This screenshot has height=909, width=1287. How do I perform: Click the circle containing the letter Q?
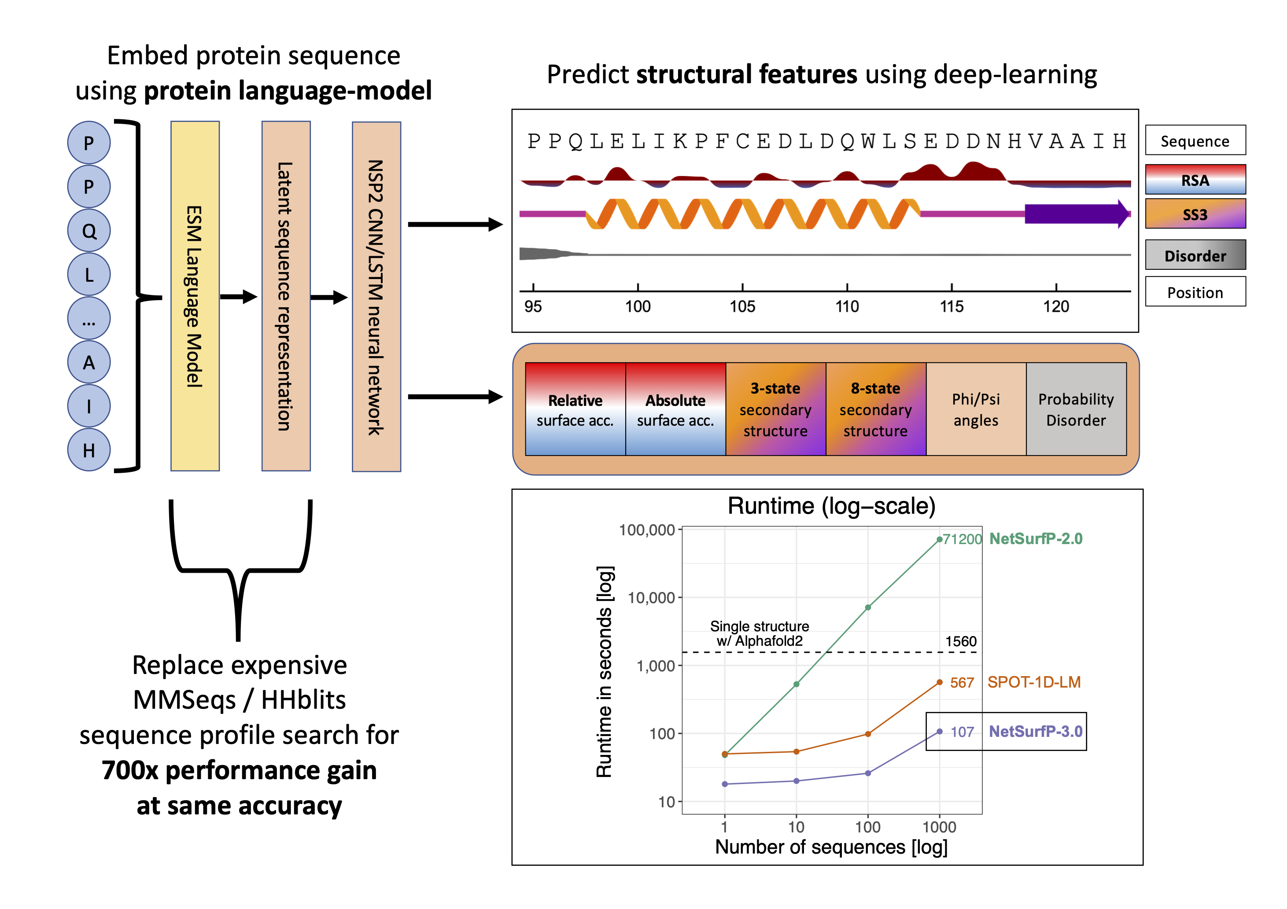[x=89, y=230]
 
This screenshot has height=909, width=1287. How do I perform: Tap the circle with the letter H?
[x=89, y=450]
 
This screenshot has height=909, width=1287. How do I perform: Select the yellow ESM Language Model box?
[x=195, y=296]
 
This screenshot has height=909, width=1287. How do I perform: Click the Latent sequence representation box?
[x=286, y=296]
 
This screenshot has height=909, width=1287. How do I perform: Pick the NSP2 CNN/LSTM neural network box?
[x=376, y=296]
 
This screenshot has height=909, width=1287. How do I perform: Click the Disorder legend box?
[x=1195, y=255]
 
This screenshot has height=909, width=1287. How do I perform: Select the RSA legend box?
[x=1195, y=179]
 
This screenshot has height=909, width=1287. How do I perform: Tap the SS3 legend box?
[x=1195, y=213]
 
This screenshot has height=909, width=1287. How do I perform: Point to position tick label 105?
[x=742, y=306]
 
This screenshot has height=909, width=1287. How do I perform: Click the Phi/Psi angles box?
[x=976, y=409]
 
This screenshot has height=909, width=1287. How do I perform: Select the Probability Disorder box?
[x=1076, y=409]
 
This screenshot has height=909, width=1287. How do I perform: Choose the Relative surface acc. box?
[x=575, y=409]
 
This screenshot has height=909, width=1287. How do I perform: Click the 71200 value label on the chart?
[x=962, y=539]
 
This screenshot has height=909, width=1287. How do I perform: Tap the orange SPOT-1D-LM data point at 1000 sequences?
[x=940, y=683]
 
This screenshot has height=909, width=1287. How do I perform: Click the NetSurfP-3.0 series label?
[x=1035, y=731]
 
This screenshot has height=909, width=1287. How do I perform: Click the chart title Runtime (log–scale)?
[x=831, y=506]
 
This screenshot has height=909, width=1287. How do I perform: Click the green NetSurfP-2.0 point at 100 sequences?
[x=868, y=607]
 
